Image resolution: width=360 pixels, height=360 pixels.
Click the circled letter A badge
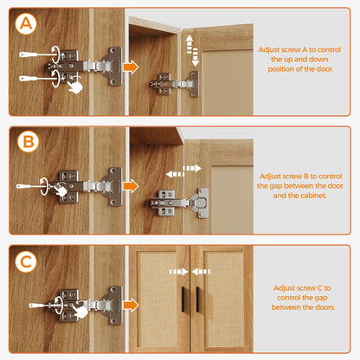26,23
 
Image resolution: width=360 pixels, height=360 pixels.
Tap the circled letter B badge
29,142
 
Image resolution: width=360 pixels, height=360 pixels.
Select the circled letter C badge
26,262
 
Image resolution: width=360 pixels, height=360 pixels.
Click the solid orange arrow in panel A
131,67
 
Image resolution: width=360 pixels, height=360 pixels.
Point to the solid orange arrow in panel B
131,186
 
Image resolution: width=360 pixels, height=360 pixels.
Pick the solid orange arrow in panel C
131,305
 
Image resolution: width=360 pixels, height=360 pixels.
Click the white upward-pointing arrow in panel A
190,44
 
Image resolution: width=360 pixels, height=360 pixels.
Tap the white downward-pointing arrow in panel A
196,58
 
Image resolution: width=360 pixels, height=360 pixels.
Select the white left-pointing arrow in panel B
175,174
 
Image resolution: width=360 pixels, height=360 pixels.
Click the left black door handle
183,299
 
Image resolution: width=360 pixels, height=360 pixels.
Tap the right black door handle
197,299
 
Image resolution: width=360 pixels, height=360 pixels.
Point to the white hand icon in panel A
75,87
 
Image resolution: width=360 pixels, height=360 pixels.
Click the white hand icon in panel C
80,311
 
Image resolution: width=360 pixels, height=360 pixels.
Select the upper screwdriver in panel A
37,55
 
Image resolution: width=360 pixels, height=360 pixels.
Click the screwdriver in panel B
31,187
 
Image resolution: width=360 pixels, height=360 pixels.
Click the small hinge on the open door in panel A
175,84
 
